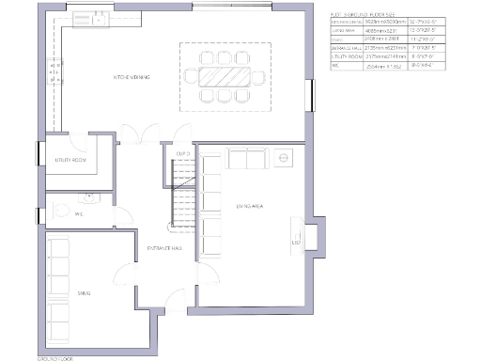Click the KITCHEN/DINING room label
pos(133,76)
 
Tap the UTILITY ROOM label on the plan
pos(70,161)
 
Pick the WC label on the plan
pos(80,213)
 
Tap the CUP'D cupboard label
pos(182,153)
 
